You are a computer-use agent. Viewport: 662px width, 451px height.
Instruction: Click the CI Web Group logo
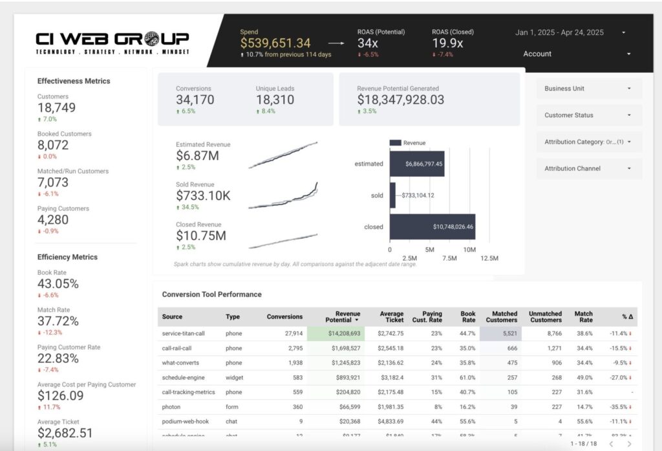tap(112, 43)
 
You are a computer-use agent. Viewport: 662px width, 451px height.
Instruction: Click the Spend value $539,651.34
tap(275, 43)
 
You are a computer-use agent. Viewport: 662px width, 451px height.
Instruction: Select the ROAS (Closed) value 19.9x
tap(447, 43)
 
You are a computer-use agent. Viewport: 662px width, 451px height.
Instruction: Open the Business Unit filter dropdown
tap(589, 89)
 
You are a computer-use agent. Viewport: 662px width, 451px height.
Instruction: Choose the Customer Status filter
tap(589, 115)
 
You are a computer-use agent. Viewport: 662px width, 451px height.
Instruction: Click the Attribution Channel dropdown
tap(589, 168)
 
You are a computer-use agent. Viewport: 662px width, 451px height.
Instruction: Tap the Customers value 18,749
tap(56, 108)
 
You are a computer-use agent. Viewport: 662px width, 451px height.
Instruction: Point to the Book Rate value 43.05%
tap(58, 284)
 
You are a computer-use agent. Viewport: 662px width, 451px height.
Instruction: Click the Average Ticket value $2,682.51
tap(65, 433)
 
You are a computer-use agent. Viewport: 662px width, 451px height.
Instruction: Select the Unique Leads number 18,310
tap(275, 100)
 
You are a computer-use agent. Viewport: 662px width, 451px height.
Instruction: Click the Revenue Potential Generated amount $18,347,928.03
tap(401, 100)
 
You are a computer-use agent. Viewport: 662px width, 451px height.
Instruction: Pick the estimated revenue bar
tap(416, 164)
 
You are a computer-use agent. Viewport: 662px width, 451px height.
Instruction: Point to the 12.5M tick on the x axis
tap(489, 258)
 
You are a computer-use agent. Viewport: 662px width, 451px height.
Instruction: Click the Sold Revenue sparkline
tap(283, 197)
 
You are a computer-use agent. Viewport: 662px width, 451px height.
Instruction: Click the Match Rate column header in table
tap(583, 316)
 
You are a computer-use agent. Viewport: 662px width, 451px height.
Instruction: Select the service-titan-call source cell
tap(185, 333)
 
